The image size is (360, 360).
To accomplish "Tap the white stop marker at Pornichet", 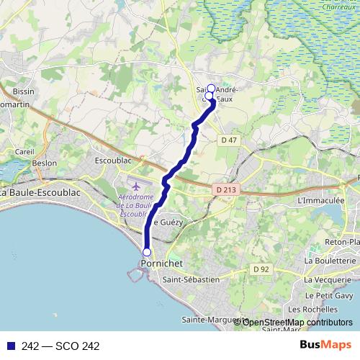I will point(147,252).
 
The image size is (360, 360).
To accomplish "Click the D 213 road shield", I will point(225,189).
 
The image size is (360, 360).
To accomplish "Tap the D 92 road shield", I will point(260,269).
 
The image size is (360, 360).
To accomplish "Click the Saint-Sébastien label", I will point(191,279).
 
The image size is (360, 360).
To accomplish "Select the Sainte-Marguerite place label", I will point(212,319).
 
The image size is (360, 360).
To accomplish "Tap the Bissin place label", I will point(24,92).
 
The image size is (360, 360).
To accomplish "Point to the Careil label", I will point(24,152).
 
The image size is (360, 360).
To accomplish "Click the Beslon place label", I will point(45,163).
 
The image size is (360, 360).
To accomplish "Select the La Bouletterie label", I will point(330,260).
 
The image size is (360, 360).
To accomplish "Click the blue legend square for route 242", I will point(10,346).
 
